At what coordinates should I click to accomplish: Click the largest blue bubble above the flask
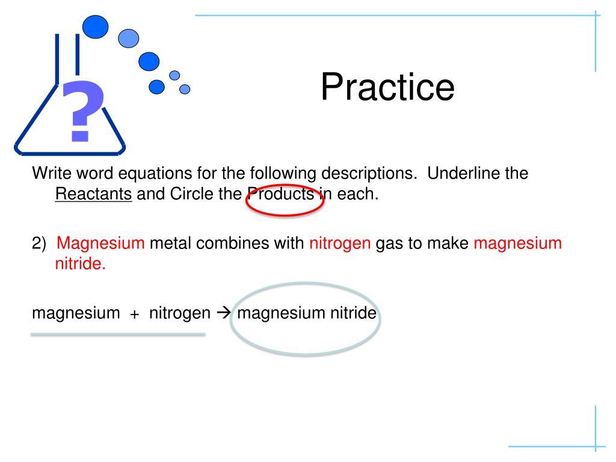click(95, 26)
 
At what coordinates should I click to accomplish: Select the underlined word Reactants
click(93, 196)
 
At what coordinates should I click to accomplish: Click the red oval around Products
click(285, 200)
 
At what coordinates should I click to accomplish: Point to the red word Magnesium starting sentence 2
click(101, 244)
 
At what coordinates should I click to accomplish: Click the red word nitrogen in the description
click(340, 244)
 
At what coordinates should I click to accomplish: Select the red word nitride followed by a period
click(80, 265)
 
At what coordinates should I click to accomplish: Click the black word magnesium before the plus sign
click(76, 314)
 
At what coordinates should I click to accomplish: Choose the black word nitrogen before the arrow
click(180, 314)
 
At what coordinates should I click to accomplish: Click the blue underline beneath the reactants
click(118, 334)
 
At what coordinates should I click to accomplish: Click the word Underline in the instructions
click(464, 174)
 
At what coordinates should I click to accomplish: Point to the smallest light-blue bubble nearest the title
click(185, 89)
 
